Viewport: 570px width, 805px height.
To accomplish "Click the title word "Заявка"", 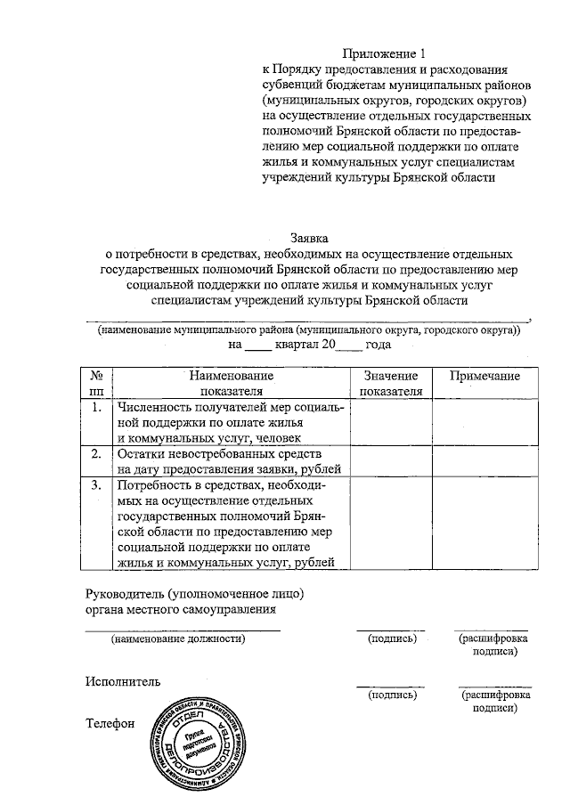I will coord(309,238).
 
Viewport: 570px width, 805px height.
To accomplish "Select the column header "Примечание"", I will coord(484,377).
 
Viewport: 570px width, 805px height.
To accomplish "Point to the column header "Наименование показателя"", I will coord(231,383).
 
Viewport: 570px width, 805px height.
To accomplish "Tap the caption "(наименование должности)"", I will coord(177,638).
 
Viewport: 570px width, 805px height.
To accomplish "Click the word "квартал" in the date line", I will coord(272,344).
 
